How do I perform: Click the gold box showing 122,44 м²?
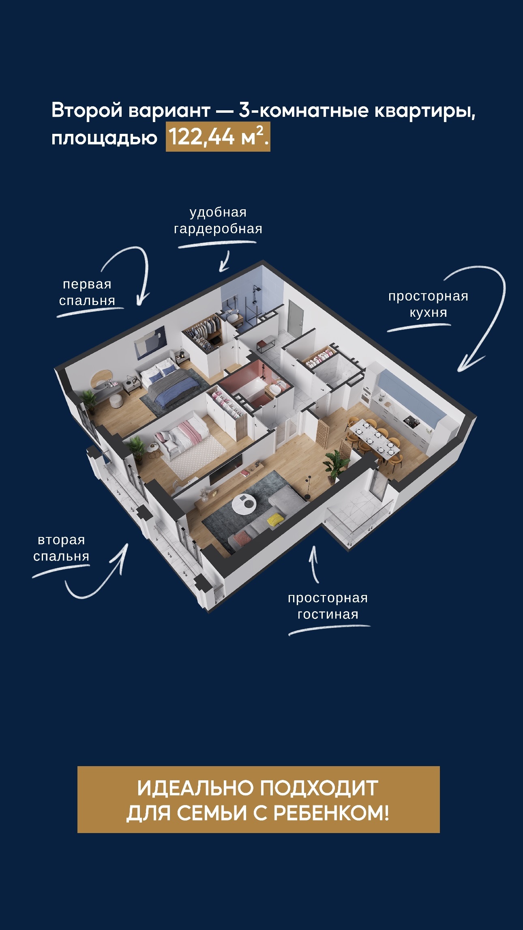pos(218,136)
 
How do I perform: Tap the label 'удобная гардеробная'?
pos(218,221)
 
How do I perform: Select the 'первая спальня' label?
pos(87,292)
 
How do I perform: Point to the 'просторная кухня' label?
pos(428,304)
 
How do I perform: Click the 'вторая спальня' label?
pos(61,548)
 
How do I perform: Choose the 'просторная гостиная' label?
pos(328,606)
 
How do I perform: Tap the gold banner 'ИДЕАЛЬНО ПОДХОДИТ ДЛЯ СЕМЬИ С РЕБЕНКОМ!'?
pos(259,800)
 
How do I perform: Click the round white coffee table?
pos(244,505)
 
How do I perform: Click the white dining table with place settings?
pos(375,440)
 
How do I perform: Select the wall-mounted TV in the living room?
pos(226,469)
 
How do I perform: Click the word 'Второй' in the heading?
pos(87,110)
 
